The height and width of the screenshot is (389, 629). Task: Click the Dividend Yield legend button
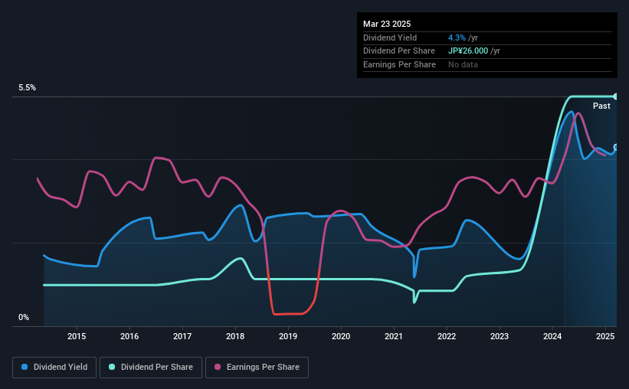pos(54,367)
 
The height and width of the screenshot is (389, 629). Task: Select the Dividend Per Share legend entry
pos(151,367)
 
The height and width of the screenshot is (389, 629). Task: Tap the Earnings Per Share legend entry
pos(257,367)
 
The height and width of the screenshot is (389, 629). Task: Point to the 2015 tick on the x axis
pos(77,336)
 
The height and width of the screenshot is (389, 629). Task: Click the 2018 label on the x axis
pos(235,336)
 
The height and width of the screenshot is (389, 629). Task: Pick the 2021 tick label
pos(394,336)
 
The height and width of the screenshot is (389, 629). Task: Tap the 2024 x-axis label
pos(552,336)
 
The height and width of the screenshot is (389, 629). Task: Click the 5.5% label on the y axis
pos(28,87)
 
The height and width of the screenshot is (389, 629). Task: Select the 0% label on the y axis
pos(24,317)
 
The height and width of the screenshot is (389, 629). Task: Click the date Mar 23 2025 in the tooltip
pos(387,24)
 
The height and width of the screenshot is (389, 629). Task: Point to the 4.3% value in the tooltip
pos(457,38)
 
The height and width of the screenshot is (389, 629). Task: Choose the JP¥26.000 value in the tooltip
pos(468,51)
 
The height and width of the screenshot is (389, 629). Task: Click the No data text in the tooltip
pos(463,64)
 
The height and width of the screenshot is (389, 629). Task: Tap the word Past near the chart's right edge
pos(601,106)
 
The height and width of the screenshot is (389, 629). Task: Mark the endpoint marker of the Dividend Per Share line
pos(615,96)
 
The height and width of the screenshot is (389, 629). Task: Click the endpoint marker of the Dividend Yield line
pos(615,147)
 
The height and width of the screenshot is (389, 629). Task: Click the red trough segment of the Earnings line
pos(288,314)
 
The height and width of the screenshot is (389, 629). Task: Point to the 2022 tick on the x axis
pos(447,336)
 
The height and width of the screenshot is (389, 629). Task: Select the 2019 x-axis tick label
pos(288,336)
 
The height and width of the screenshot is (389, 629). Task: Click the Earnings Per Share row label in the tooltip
pos(399,64)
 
